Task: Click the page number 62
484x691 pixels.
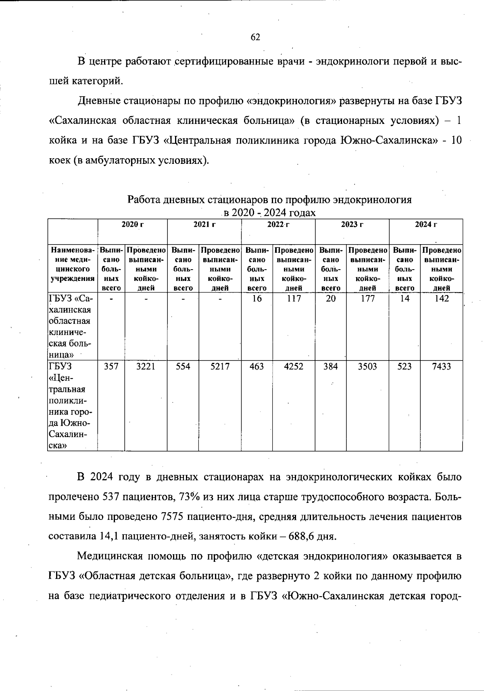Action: pyautogui.click(x=255, y=38)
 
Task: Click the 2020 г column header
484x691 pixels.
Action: pyautogui.click(x=133, y=225)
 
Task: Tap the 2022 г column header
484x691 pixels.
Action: pyautogui.click(x=278, y=225)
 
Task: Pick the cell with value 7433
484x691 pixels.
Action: pyautogui.click(x=441, y=366)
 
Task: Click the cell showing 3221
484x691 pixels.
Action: pyautogui.click(x=146, y=366)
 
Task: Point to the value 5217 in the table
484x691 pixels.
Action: pyautogui.click(x=220, y=366)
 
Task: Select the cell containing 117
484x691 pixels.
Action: pyautogui.click(x=294, y=299)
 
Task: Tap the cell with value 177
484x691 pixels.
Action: pyautogui.click(x=367, y=299)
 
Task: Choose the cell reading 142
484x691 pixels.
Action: pyautogui.click(x=441, y=299)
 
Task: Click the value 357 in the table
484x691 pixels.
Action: pyautogui.click(x=111, y=366)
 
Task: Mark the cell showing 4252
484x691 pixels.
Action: pyautogui.click(x=294, y=366)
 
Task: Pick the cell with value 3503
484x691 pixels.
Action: pyautogui.click(x=367, y=366)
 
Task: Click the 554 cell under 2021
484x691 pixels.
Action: pyautogui.click(x=183, y=366)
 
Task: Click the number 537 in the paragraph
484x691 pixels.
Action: pyautogui.click(x=110, y=497)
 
